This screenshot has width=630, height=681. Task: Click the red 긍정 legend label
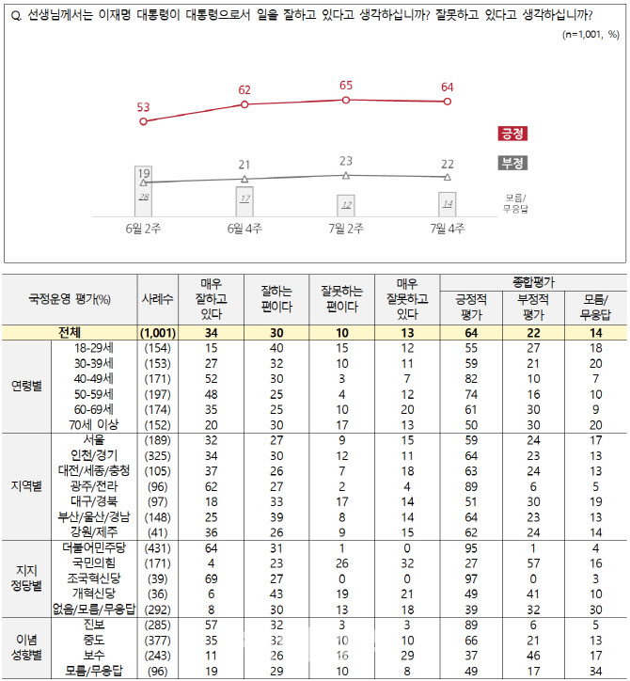click(512, 135)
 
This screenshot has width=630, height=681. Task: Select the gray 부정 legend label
click(512, 164)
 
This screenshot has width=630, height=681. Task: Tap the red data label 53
click(143, 106)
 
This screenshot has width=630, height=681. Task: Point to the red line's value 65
click(346, 85)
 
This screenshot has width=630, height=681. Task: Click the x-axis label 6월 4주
click(244, 229)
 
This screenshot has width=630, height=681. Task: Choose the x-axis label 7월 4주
click(447, 229)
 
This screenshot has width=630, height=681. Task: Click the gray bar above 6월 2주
click(144, 191)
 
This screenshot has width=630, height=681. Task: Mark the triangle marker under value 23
click(346, 175)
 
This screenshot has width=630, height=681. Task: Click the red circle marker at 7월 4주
click(448, 102)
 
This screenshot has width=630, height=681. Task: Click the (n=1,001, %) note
click(591, 34)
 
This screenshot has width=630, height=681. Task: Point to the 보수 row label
click(94, 656)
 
